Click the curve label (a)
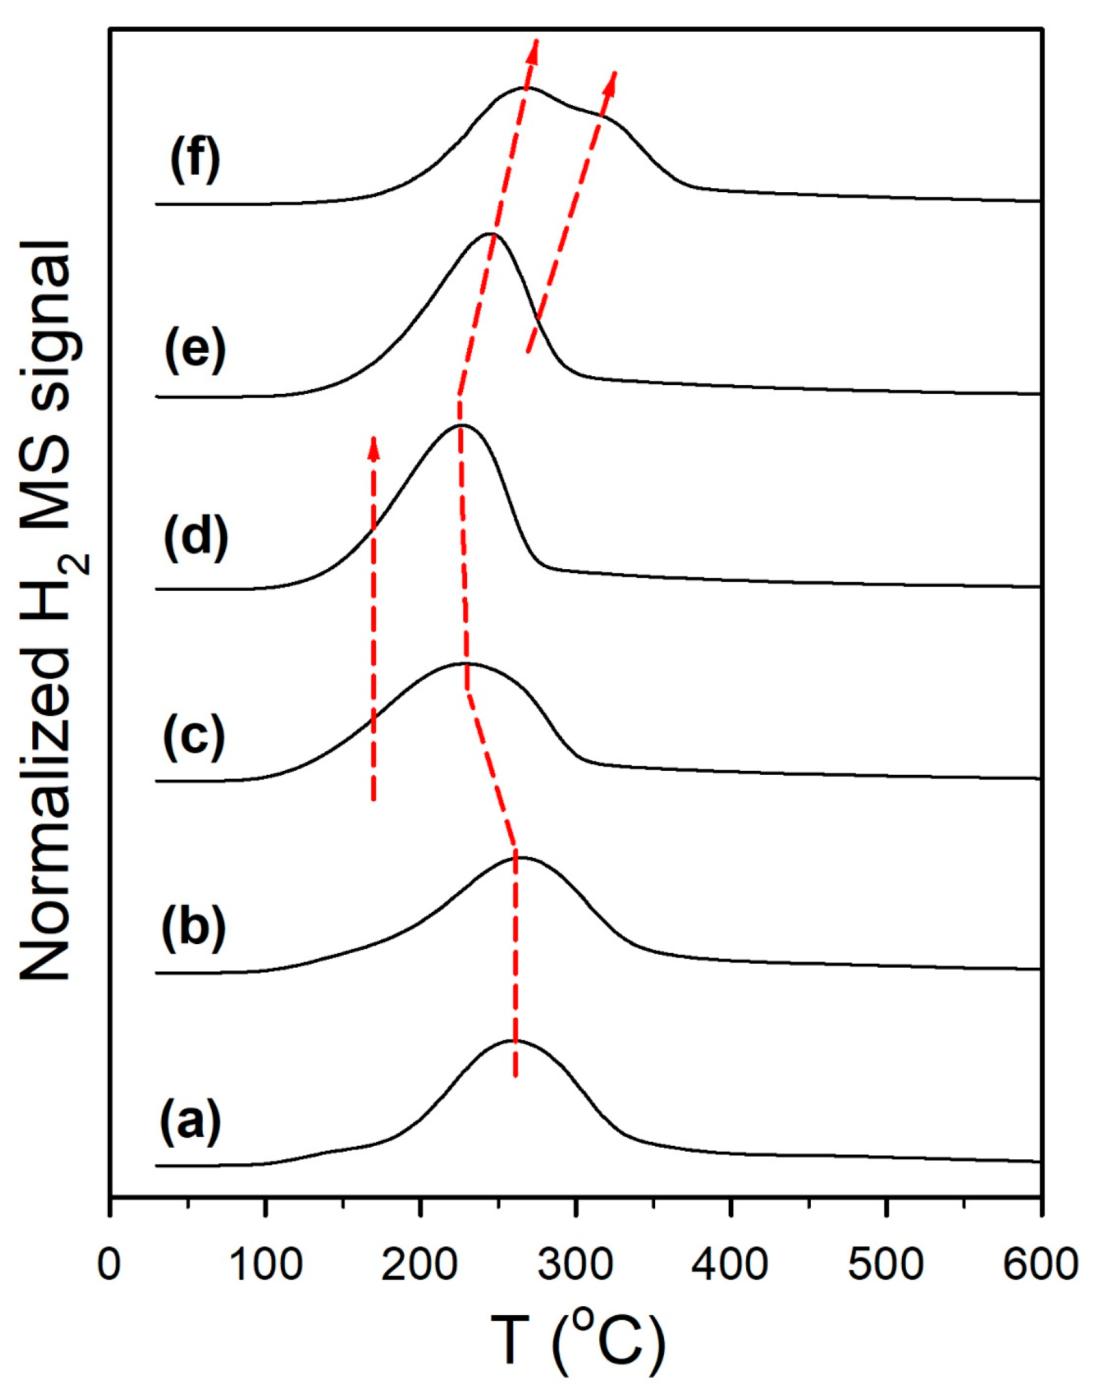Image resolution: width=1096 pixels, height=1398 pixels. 190,1122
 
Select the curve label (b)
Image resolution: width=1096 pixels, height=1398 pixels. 193,929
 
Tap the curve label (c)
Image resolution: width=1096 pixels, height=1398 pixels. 193,736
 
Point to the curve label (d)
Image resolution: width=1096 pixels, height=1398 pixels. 196,537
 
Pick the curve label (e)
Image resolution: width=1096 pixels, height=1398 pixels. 195,349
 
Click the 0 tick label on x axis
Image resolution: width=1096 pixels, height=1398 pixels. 109,1264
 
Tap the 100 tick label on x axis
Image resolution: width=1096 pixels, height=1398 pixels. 266,1264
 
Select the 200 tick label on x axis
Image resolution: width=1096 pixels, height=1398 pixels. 420,1264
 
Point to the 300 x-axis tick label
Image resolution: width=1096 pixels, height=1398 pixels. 575,1264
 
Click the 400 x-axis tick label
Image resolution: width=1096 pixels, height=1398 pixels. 730,1264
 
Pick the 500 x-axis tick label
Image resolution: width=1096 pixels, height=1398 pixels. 885,1264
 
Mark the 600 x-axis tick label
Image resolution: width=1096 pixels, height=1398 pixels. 1040,1264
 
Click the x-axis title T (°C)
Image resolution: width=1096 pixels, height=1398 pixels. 577,1341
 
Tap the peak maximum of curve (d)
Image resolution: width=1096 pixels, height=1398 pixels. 462,426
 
